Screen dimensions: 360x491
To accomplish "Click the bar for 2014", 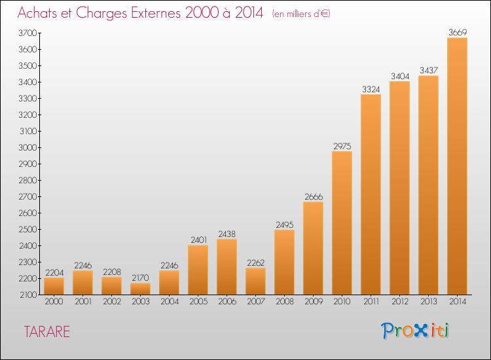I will [457, 166].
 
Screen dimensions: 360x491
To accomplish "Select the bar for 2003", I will [140, 289].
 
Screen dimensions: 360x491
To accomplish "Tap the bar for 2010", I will [342, 223].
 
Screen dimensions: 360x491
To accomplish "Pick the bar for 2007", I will [255, 281].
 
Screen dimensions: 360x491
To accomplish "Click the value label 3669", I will [457, 32].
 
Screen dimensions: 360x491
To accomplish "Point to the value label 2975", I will [342, 146].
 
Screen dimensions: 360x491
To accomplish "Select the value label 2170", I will [140, 277].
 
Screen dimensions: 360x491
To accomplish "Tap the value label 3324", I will [371, 89].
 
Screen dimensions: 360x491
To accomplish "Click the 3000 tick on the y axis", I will [27, 148].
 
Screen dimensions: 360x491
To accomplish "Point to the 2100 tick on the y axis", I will [27, 295].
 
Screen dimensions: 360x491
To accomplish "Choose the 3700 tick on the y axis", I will [27, 33].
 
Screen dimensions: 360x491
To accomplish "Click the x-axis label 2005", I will [198, 302].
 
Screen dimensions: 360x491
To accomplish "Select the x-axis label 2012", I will [399, 302].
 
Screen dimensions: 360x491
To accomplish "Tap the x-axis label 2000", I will [54, 302].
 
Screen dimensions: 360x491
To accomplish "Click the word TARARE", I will [46, 331].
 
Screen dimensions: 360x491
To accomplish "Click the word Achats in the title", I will [38, 12].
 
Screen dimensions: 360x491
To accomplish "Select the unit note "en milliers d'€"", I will [301, 14].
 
